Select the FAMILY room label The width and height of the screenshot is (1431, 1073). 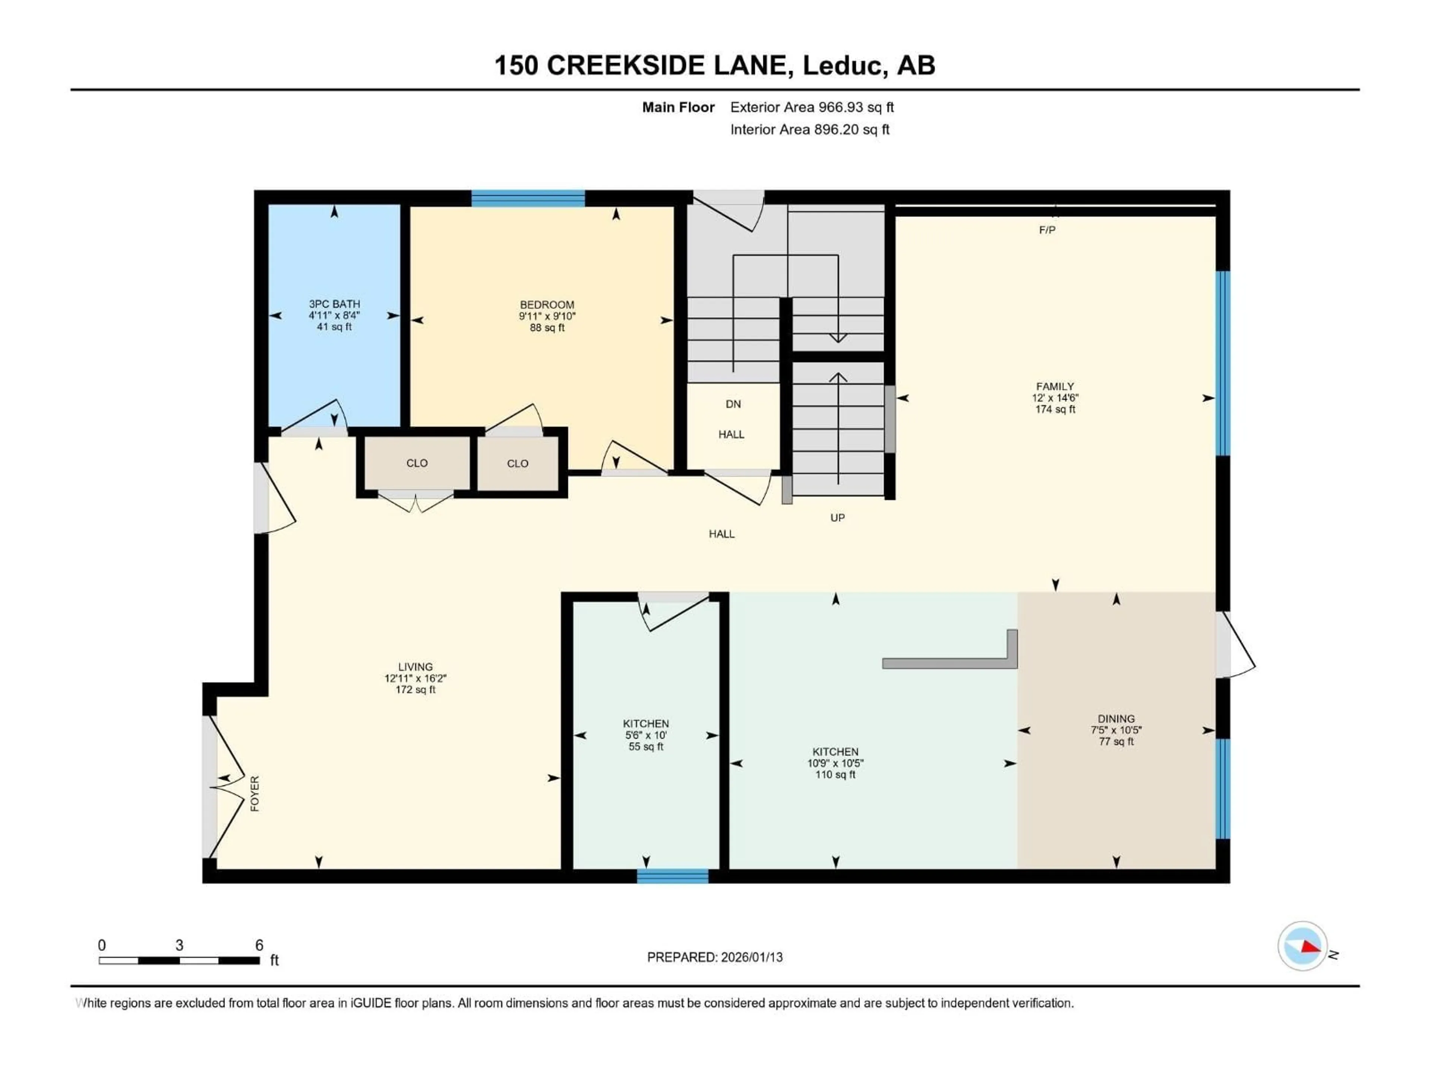1055,386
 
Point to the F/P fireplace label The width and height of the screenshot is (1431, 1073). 1047,230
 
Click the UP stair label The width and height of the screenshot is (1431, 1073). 837,517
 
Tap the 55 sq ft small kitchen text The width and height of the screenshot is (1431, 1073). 646,746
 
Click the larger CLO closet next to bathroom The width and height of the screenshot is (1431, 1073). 417,463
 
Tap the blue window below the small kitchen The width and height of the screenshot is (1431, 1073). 672,876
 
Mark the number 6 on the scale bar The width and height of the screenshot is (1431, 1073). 259,945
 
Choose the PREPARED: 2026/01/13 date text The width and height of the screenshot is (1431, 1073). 714,957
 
